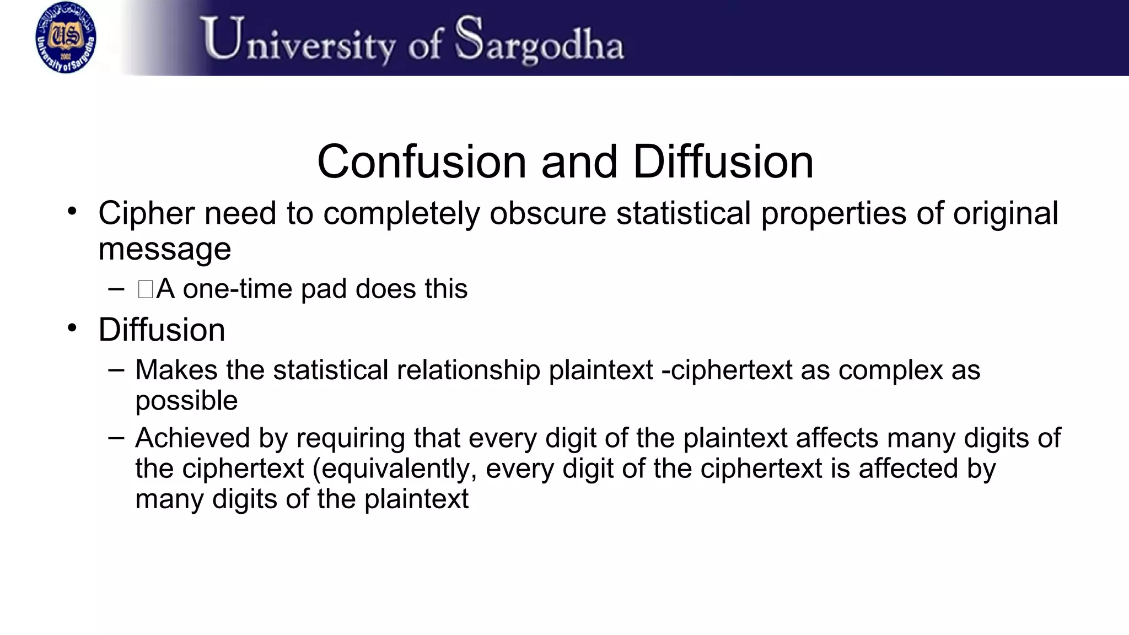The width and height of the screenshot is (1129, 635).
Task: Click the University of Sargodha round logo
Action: click(x=66, y=37)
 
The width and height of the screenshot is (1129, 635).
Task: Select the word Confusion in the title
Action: click(x=422, y=162)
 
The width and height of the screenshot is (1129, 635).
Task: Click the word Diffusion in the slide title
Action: click(x=723, y=162)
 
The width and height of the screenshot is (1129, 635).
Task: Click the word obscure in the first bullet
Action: click(x=547, y=213)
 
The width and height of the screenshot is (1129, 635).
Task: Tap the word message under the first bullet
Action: click(x=164, y=249)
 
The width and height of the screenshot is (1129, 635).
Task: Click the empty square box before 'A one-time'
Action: click(x=146, y=289)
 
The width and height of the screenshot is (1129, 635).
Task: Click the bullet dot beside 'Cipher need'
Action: click(x=72, y=211)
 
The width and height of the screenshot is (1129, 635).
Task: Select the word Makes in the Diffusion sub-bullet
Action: click(x=176, y=370)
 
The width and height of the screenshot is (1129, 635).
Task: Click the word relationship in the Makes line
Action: click(x=468, y=370)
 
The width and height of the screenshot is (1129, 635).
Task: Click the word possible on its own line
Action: click(x=186, y=401)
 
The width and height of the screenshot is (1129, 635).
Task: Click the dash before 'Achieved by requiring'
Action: click(x=116, y=438)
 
